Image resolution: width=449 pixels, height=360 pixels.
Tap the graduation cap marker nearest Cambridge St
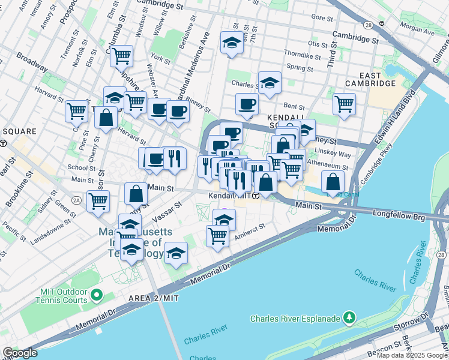coord(231,43)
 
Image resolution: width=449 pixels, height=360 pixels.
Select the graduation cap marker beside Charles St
coord(270,83)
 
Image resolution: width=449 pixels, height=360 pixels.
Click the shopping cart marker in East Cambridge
coord(344,103)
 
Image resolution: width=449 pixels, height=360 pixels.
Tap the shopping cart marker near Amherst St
coord(217,235)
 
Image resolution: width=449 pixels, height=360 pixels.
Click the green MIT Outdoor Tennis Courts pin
coord(95,295)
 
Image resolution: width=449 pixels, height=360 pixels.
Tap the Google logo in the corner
coord(20,353)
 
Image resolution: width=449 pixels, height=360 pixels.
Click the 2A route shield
coord(76,199)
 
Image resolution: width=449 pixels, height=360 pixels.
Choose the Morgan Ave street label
coord(417,27)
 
